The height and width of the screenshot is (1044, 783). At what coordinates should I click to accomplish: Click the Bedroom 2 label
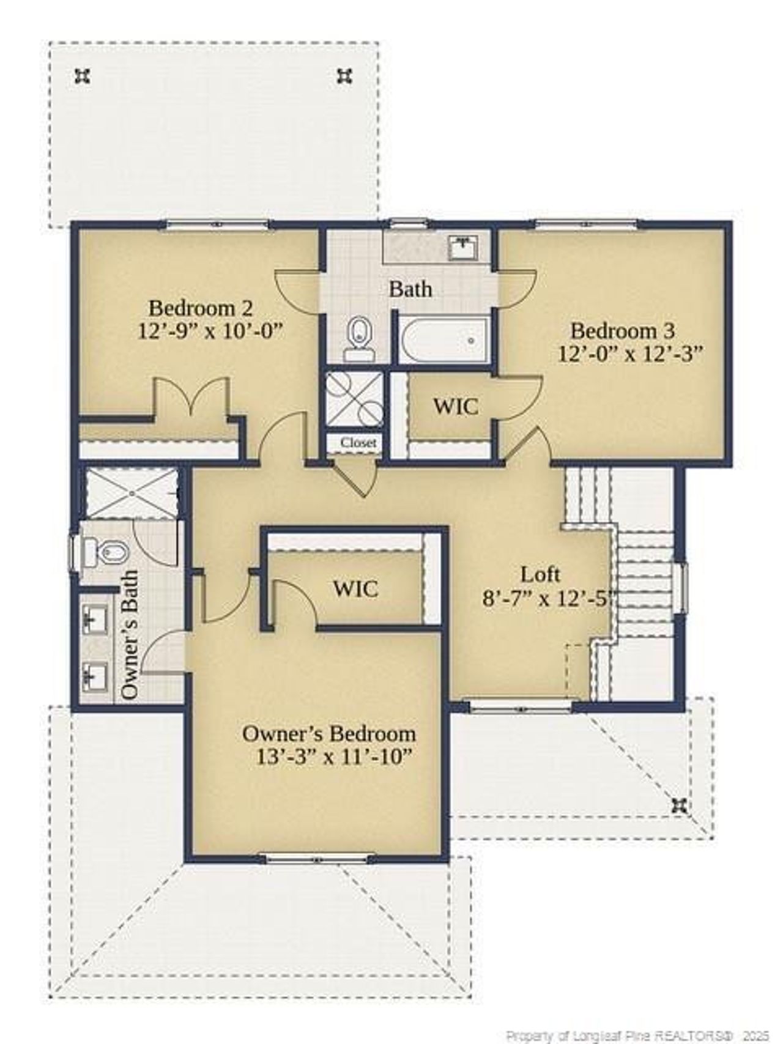point(201,308)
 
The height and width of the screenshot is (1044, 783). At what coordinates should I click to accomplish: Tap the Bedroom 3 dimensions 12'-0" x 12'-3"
point(629,354)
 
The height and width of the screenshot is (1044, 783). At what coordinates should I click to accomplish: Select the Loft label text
point(540,574)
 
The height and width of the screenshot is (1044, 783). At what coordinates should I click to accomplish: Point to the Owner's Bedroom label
point(329,733)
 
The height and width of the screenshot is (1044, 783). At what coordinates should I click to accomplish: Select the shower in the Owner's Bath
point(131,494)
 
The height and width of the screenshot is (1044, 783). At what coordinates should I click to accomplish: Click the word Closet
point(358,443)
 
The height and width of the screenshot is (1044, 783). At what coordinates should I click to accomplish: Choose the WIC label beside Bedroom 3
point(456,406)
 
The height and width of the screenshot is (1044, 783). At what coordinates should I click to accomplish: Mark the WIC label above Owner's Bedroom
point(355,589)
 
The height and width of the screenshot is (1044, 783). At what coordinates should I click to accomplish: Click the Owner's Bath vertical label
point(130,635)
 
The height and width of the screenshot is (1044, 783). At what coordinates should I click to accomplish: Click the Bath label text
point(410,289)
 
